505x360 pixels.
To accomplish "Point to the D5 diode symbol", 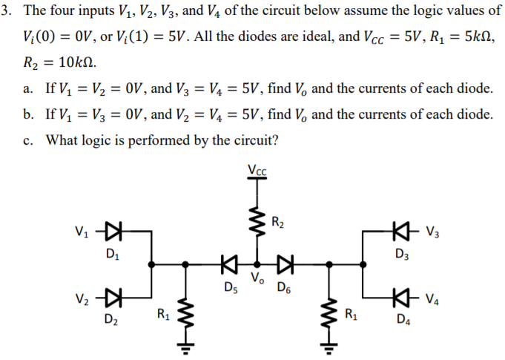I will pos(228,263).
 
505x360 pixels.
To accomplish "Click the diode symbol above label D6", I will pos(285,263).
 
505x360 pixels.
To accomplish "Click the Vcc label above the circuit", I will pos(257,168).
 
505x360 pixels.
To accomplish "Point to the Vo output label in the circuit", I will pos(257,279).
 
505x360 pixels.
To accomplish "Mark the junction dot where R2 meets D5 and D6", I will pos(257,263).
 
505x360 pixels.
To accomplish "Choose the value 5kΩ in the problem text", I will pos(476,35).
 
